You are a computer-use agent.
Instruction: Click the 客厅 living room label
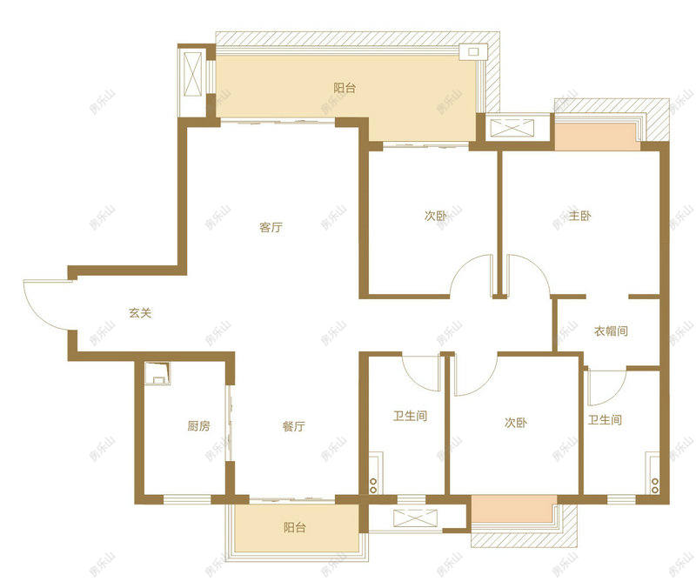tap(271, 227)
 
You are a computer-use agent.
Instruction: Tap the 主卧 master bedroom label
tap(579, 216)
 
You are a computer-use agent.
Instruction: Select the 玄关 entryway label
tap(140, 313)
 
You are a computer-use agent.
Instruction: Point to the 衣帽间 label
tap(611, 331)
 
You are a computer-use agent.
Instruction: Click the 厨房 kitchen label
tap(198, 426)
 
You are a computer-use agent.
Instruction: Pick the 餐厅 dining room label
tap(294, 426)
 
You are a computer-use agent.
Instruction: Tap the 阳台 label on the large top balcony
tap(345, 88)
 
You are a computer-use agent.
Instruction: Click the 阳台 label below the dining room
tap(295, 527)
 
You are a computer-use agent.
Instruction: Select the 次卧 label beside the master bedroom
tap(436, 216)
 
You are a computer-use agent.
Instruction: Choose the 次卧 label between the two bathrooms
tap(516, 423)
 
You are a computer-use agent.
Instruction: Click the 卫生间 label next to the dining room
tap(410, 416)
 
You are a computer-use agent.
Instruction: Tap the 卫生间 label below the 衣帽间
tap(605, 420)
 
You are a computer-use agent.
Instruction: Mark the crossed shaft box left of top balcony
tap(192, 74)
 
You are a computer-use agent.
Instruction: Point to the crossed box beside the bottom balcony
tap(416, 518)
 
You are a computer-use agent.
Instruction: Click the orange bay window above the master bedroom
tap(597, 137)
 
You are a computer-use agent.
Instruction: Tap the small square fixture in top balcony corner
tap(473, 52)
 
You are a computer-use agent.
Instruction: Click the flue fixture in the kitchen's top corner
tap(157, 374)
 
